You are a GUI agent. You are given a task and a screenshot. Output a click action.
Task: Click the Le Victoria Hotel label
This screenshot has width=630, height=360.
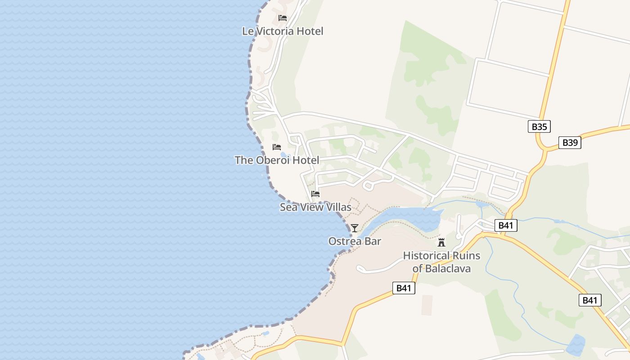coord(283,31)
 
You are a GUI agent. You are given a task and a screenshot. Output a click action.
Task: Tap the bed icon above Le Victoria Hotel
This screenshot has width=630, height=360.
coord(283,18)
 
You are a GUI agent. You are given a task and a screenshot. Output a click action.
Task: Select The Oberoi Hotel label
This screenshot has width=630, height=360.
coord(277,160)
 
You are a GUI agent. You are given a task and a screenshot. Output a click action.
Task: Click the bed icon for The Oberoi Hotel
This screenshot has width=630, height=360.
coord(277,147)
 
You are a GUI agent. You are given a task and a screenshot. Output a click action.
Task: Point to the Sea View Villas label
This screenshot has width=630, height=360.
coord(315,207)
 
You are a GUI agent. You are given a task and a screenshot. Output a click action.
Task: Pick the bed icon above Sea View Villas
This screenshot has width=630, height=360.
coord(315,194)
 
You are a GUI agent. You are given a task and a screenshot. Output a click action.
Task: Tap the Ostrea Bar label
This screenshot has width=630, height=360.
coord(355,241)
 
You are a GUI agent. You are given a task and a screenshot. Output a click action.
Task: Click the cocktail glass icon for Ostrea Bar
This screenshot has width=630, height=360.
coord(355,228)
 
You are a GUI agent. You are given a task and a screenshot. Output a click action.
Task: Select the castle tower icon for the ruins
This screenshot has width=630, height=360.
coord(441,243)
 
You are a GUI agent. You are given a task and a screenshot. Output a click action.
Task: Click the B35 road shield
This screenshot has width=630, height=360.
coord(539,126)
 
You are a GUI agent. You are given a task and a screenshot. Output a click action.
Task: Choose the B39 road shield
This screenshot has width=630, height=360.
coord(570,143)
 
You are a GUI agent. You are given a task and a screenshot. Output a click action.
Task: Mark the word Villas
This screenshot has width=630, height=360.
coord(337,207)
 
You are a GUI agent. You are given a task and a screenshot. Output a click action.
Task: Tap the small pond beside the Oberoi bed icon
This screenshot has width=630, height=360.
coord(283,155)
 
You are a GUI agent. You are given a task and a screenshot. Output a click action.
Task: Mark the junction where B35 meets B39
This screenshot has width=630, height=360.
coord(544,148)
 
